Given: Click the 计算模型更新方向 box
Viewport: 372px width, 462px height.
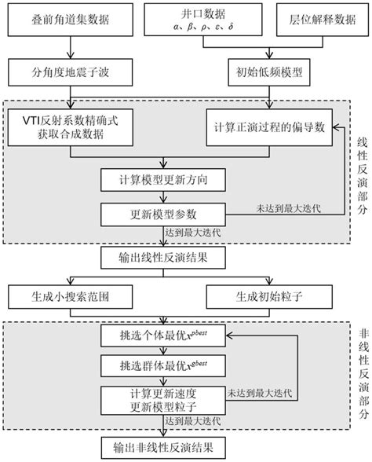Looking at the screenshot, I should point(162,179).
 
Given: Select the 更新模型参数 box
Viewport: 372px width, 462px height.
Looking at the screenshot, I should point(162,214).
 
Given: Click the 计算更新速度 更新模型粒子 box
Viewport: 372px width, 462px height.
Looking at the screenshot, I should point(162,400).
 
